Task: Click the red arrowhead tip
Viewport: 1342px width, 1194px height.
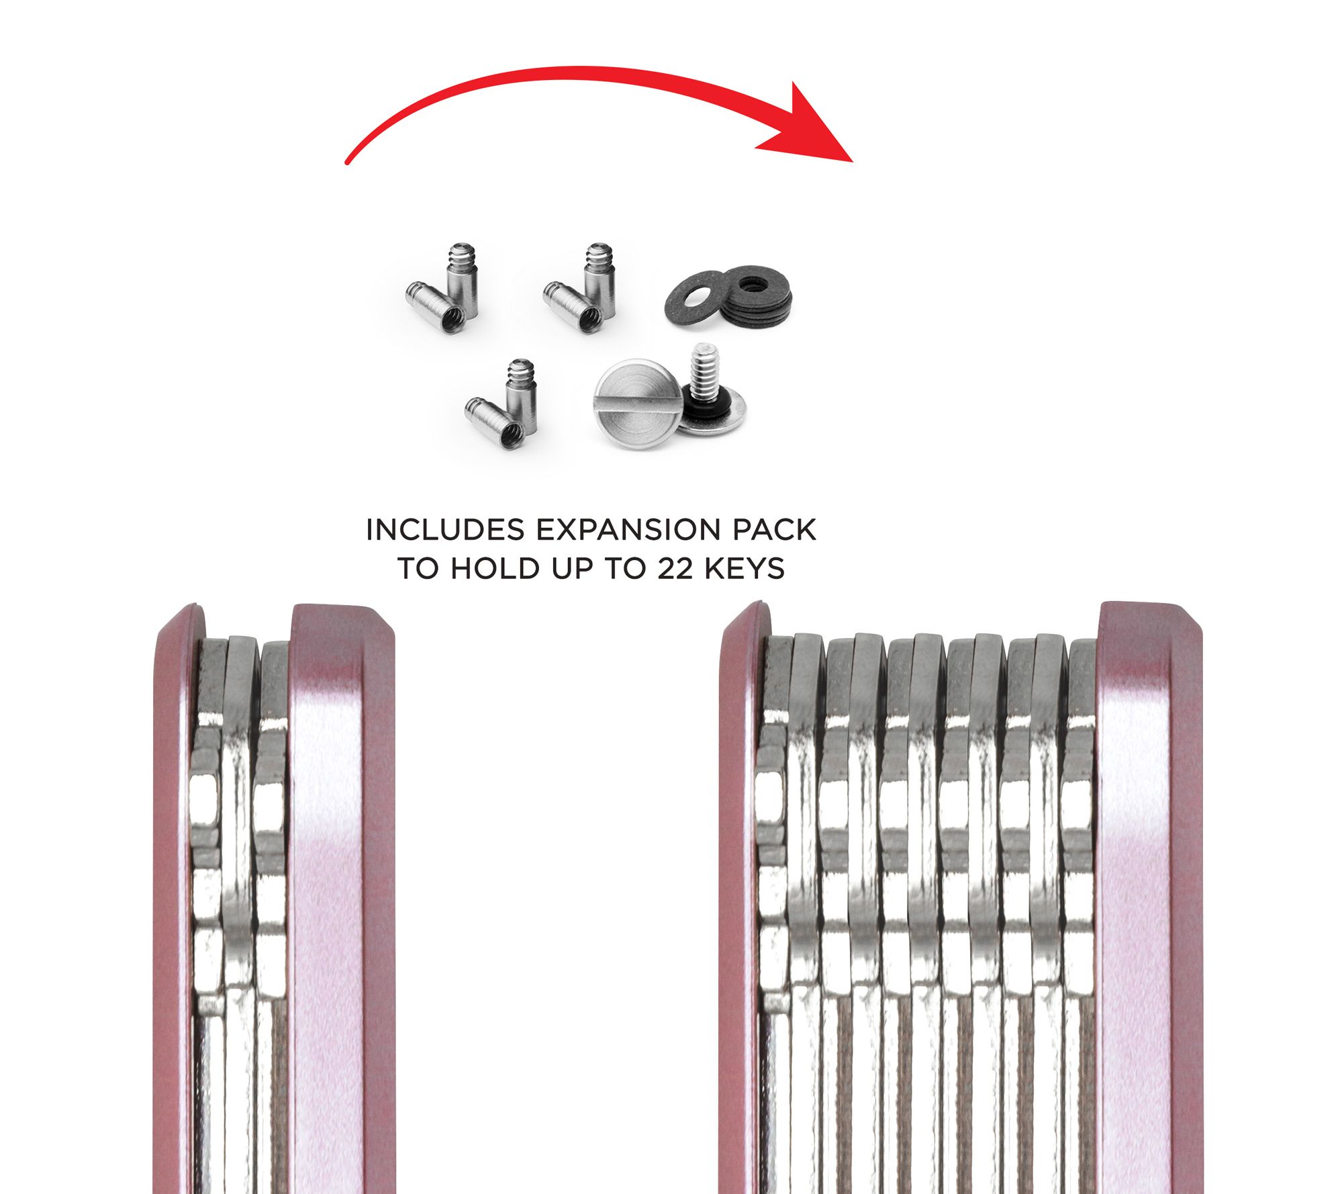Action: pos(852,162)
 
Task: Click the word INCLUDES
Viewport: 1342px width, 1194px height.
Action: pos(444,530)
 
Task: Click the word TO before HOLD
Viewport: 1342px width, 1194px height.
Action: pos(421,569)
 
